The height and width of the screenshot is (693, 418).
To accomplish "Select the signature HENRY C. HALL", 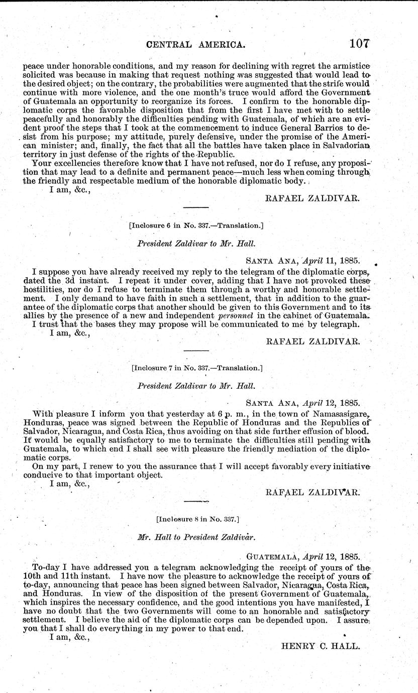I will (320, 647).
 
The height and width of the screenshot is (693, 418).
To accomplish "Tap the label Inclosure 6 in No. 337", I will (196, 225).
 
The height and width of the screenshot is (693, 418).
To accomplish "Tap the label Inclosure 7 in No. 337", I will (196, 368).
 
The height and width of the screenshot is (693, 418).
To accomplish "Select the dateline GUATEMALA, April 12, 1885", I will (303, 557).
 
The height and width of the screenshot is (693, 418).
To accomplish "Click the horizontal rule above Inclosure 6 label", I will (196, 207).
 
